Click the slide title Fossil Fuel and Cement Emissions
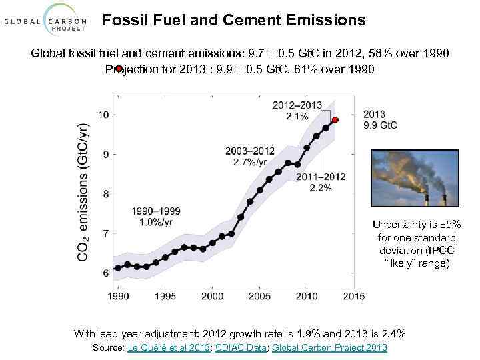click(x=234, y=20)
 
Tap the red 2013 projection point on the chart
click(x=335, y=120)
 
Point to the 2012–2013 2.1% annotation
click(x=297, y=111)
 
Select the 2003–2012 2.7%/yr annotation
click(x=250, y=156)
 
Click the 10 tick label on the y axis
click(x=103, y=115)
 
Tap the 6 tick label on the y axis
click(x=106, y=273)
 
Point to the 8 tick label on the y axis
click(x=106, y=194)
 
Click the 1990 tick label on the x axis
click(x=118, y=295)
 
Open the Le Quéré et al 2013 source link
click(x=167, y=348)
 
